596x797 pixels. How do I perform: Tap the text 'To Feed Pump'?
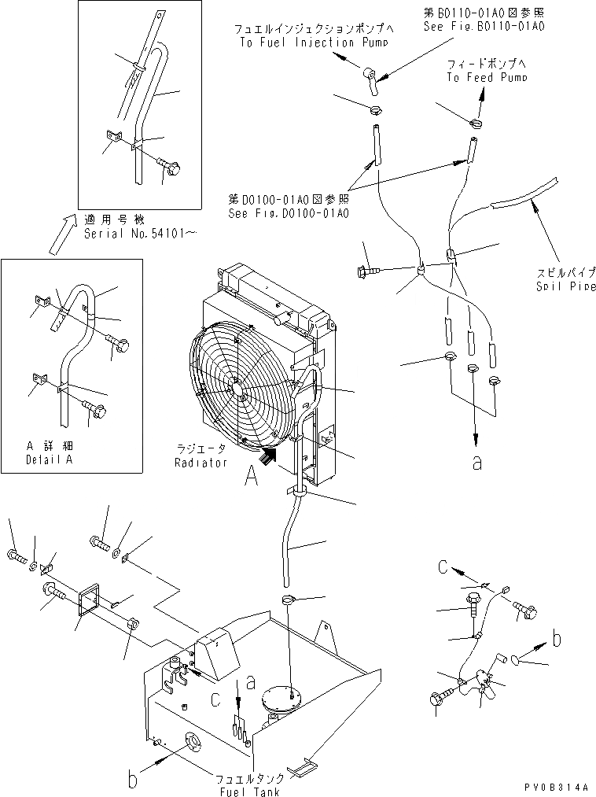[x=487, y=77]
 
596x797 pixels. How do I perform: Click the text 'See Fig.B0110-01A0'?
[x=495, y=25]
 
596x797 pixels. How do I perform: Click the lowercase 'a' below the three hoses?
[x=476, y=463]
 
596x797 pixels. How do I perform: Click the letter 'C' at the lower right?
[x=443, y=568]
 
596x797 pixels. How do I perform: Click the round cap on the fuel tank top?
[x=281, y=698]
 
